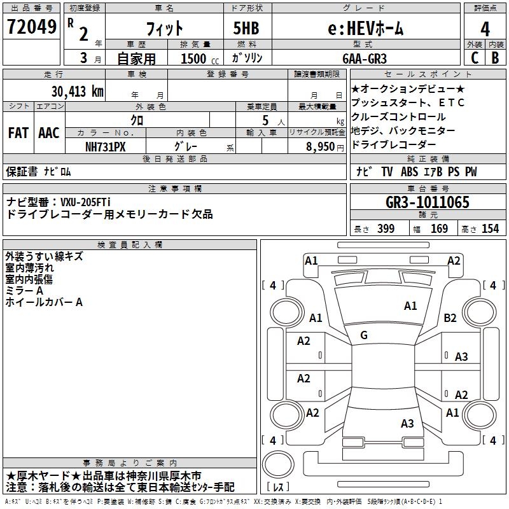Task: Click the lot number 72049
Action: coord(31,27)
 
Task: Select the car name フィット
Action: coord(165,28)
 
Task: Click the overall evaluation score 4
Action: coord(485,29)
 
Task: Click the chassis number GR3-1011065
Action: coord(428,203)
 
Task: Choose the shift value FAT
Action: coord(18,133)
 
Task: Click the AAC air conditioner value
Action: coord(48,133)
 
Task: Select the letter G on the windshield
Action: coord(364,335)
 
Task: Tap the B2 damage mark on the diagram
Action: coord(450,317)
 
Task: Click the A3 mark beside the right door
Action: coord(461,357)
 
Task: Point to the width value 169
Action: coord(440,229)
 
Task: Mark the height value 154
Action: coord(491,229)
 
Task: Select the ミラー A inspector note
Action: coord(24,291)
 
